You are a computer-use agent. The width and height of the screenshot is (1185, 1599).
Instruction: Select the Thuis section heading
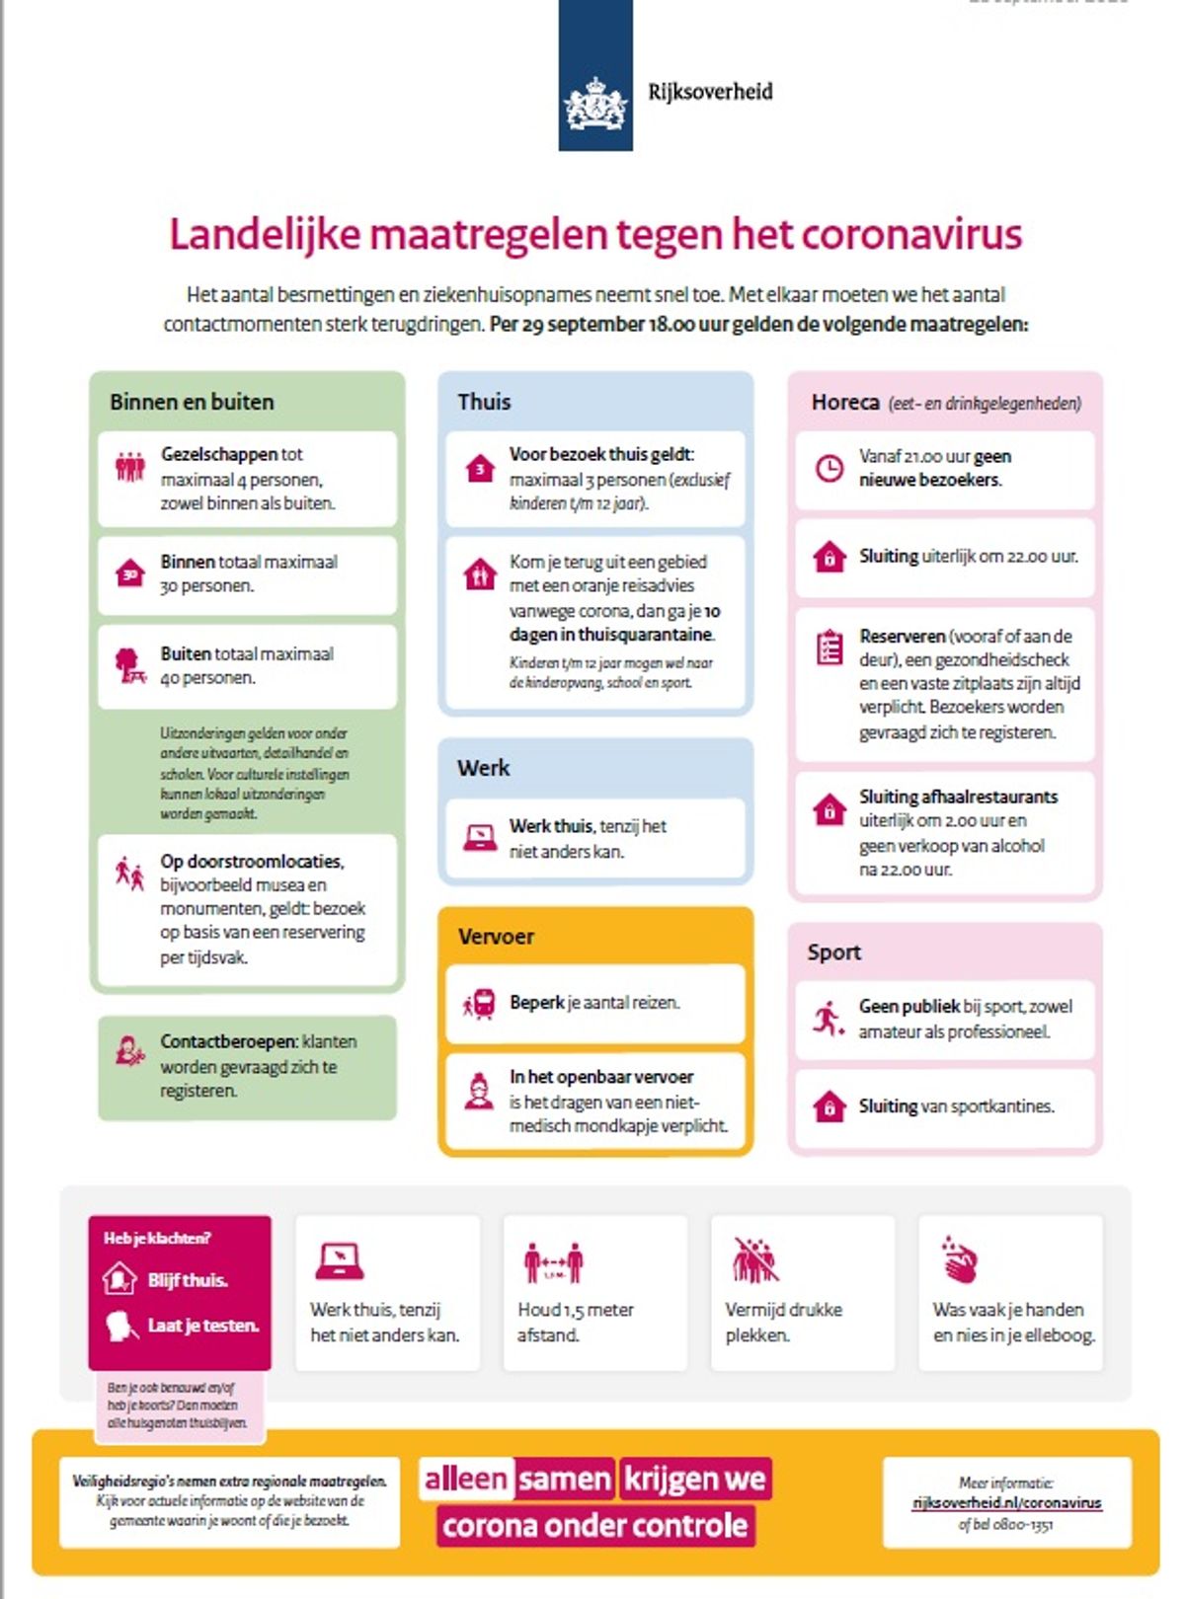[x=484, y=402]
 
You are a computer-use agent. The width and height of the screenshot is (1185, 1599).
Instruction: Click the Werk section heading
[x=483, y=768]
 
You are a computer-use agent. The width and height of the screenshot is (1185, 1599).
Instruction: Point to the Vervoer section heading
[x=496, y=937]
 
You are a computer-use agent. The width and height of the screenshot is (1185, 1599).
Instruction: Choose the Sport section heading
[x=833, y=952]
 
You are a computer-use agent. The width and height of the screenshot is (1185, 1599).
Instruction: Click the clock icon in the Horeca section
[x=829, y=468]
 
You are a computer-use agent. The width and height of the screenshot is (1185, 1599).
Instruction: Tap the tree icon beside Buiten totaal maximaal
[x=130, y=665]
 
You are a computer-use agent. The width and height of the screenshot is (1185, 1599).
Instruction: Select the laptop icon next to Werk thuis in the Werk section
[x=480, y=838]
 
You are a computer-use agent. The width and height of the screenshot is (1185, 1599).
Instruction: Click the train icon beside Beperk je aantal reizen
[x=480, y=1004]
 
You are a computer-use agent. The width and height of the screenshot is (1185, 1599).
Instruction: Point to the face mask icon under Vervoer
[x=479, y=1092]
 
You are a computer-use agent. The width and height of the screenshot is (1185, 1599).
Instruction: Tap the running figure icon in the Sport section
[x=828, y=1018]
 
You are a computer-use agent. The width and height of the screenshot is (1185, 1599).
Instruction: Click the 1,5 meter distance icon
[x=553, y=1262]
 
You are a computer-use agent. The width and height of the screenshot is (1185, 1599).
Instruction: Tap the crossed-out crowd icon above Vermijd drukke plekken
[x=755, y=1260]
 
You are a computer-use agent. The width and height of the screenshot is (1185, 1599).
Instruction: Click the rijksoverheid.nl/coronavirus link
[x=1006, y=1503]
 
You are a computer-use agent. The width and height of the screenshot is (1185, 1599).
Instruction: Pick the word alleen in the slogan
[x=465, y=1479]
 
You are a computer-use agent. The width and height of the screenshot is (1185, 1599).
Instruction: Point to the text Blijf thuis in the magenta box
[x=188, y=1280]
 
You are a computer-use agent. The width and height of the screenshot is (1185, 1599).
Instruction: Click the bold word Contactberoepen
[x=228, y=1041]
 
